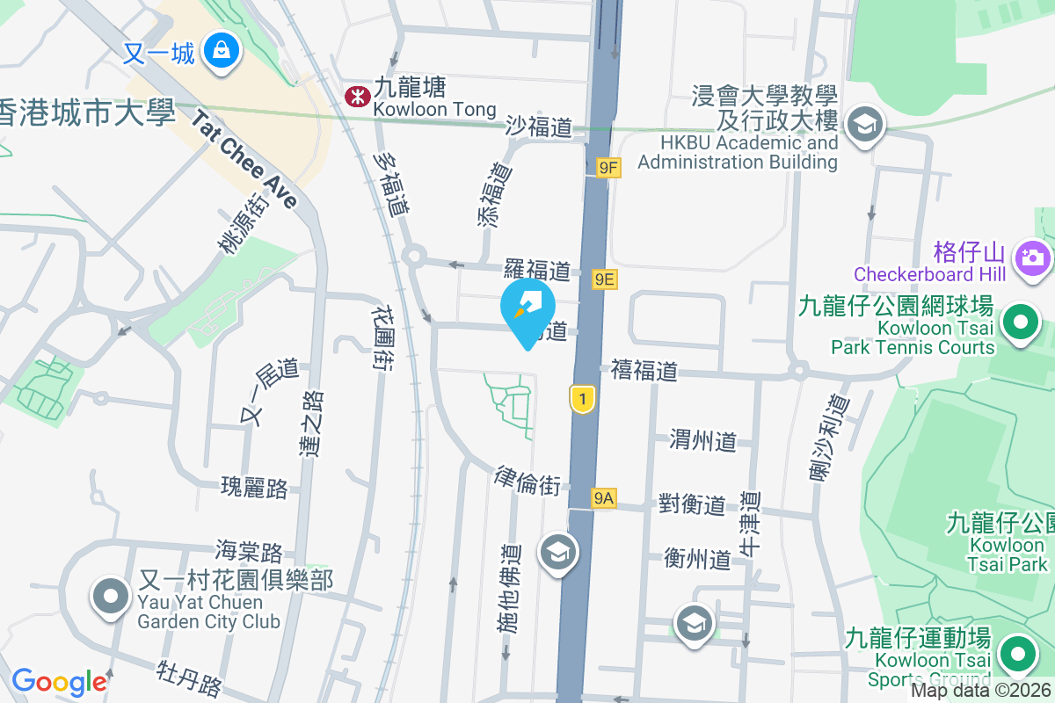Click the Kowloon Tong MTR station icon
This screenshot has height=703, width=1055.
tap(357, 97)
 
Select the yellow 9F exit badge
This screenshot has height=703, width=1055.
tap(608, 167)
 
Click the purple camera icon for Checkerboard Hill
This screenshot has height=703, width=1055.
tap(1031, 257)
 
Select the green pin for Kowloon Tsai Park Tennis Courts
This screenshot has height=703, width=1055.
tap(1020, 324)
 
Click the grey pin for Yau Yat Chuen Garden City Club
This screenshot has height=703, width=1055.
tap(111, 598)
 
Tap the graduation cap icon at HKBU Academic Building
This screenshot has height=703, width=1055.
tap(865, 124)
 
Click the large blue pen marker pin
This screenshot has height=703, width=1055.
tap(527, 308)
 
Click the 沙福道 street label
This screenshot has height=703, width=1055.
tap(539, 127)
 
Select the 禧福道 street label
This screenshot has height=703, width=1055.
tap(644, 372)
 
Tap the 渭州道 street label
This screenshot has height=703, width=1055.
tap(702, 440)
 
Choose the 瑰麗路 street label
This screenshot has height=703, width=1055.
tap(255, 488)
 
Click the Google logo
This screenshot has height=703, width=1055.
tap(59, 682)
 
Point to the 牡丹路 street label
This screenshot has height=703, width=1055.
tap(189, 679)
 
